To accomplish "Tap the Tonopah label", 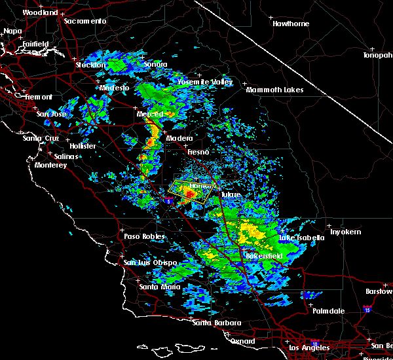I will point(378,56).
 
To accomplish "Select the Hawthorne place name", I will point(291,24).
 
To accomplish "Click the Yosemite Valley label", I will point(205,82).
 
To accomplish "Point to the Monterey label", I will point(50,166).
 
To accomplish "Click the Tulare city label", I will point(230,195).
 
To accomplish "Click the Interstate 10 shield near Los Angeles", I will point(314,343).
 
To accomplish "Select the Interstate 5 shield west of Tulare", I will point(169,202).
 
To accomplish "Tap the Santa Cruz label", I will point(41,138).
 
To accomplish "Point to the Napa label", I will point(12,31).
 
